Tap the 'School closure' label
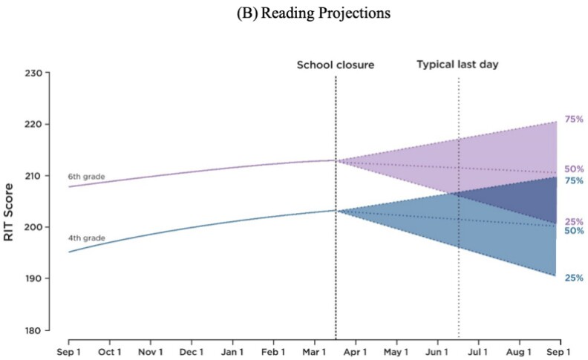(x=336, y=65)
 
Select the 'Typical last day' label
(x=457, y=65)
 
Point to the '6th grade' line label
(x=86, y=177)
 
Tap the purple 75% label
(x=573, y=120)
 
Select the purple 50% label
(x=573, y=169)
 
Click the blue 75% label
(x=573, y=181)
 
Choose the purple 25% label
(x=573, y=221)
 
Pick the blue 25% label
(x=573, y=278)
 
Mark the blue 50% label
(x=573, y=231)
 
